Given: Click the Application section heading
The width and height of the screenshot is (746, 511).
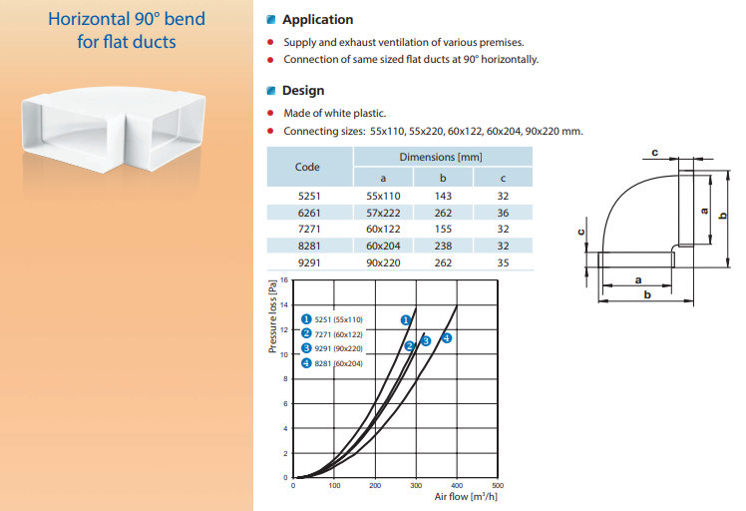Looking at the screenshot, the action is pyautogui.click(x=317, y=20).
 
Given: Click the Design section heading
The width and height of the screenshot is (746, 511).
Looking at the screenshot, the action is pyautogui.click(x=303, y=91).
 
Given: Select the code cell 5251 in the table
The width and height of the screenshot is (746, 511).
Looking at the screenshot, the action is pyautogui.click(x=309, y=197).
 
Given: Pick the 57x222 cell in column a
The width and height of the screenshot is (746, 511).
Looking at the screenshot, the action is pyautogui.click(x=383, y=213).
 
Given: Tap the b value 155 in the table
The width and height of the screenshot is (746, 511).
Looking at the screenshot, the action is pyautogui.click(x=443, y=230).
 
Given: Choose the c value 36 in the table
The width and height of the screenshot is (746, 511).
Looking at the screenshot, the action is pyautogui.click(x=503, y=213).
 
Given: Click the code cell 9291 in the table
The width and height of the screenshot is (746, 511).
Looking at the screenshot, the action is pyautogui.click(x=309, y=262).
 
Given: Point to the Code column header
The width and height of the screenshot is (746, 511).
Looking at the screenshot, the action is pyautogui.click(x=307, y=167).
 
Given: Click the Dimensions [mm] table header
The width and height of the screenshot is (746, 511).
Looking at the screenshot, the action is pyautogui.click(x=441, y=157).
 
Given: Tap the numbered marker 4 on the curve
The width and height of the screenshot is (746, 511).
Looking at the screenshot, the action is pyautogui.click(x=446, y=338).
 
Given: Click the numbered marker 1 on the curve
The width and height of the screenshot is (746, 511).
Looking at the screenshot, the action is pyautogui.click(x=405, y=320).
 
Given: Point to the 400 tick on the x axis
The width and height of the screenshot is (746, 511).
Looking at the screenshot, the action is pyautogui.click(x=457, y=485).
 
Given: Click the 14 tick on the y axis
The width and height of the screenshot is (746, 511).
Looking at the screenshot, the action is pyautogui.click(x=284, y=304).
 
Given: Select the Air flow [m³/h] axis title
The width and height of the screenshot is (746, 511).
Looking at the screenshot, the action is pyautogui.click(x=466, y=497).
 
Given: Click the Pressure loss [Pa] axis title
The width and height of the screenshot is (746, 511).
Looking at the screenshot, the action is pyautogui.click(x=272, y=316).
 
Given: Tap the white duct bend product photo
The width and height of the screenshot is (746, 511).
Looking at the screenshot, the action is pyautogui.click(x=114, y=129).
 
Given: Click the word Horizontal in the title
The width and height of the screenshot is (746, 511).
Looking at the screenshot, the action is pyautogui.click(x=89, y=19).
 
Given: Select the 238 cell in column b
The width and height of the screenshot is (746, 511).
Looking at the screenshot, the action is pyautogui.click(x=443, y=246).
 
